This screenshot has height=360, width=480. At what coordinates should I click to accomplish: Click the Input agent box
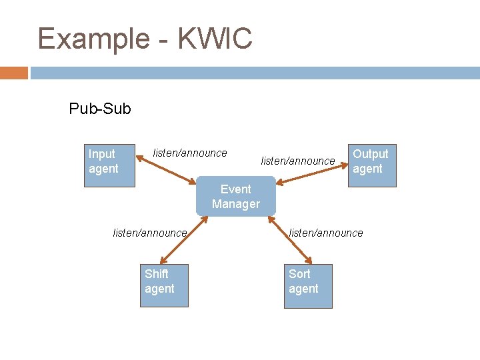coord(109,165)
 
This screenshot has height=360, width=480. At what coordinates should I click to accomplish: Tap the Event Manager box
coord(235,196)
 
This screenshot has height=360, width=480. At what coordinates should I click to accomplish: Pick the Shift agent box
coord(164,285)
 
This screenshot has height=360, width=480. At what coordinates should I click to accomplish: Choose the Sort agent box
coord(308,285)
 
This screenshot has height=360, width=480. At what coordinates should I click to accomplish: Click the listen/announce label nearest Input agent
coord(190,153)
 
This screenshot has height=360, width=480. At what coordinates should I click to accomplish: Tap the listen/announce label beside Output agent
coord(297,161)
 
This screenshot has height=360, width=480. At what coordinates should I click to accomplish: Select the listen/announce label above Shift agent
coord(150,233)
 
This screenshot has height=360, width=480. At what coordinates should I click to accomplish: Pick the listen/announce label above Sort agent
coord(326,233)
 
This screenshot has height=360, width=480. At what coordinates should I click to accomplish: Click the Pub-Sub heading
coord(100,108)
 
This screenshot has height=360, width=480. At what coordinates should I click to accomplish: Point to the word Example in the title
coord(93,39)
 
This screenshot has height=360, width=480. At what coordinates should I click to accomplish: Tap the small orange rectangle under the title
coord(14,73)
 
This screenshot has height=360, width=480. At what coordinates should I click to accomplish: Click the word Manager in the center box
coord(235,204)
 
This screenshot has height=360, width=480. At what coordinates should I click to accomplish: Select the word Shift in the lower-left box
coord(157,274)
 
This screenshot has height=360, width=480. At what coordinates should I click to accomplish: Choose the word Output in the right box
coord(370,154)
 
